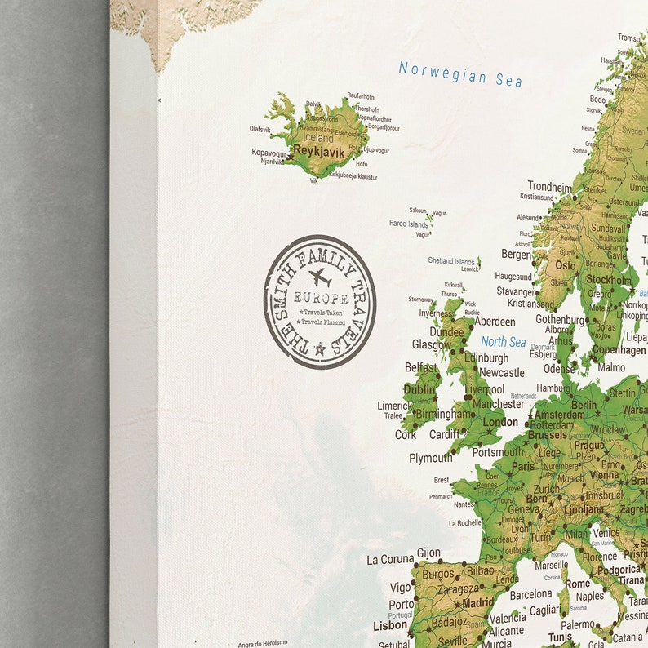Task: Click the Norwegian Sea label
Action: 460,73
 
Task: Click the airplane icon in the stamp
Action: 321,277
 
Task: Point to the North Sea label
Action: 504,342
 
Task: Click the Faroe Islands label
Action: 408,224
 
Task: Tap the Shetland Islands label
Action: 451,261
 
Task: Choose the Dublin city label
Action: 419,390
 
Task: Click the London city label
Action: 499,422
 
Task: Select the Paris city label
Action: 522,468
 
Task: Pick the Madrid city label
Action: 477,603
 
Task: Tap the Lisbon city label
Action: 389,625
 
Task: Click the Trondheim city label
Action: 549,186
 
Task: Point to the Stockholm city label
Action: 609,280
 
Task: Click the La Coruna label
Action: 390,559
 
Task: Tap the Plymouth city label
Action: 430,458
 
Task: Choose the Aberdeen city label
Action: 495,322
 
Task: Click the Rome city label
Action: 577,584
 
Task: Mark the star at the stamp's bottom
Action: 320,349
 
